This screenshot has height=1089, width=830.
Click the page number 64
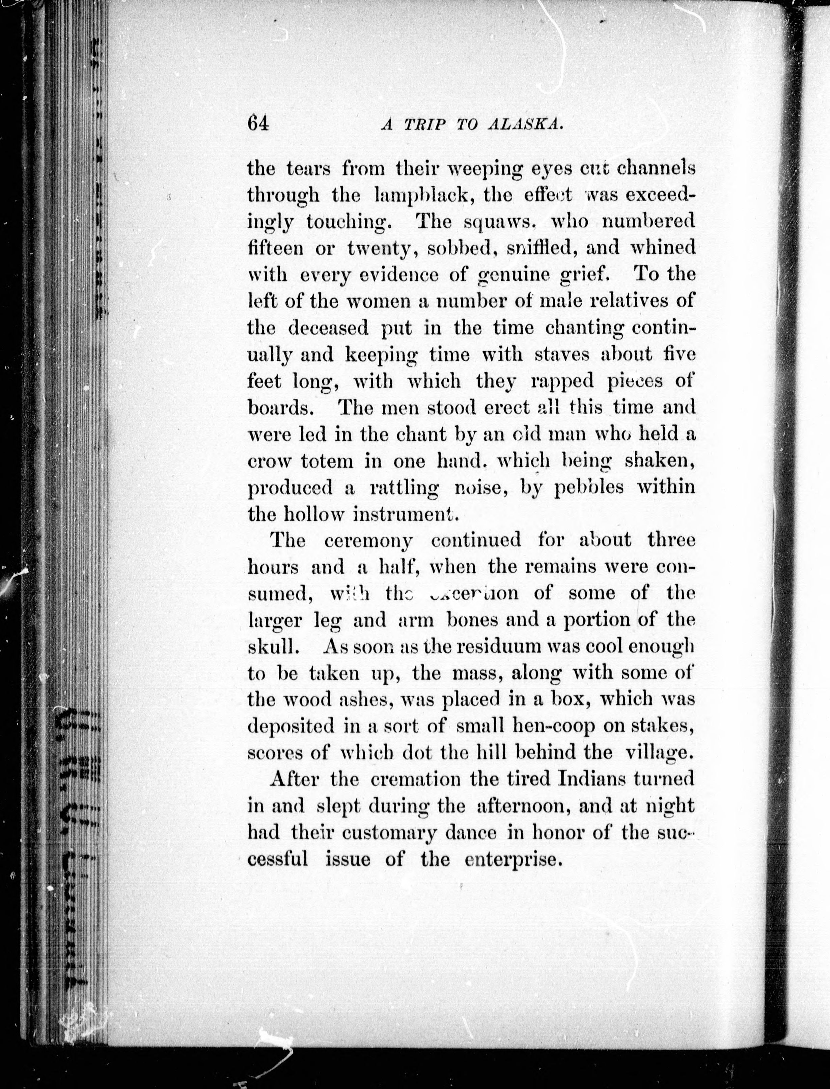tap(258, 123)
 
